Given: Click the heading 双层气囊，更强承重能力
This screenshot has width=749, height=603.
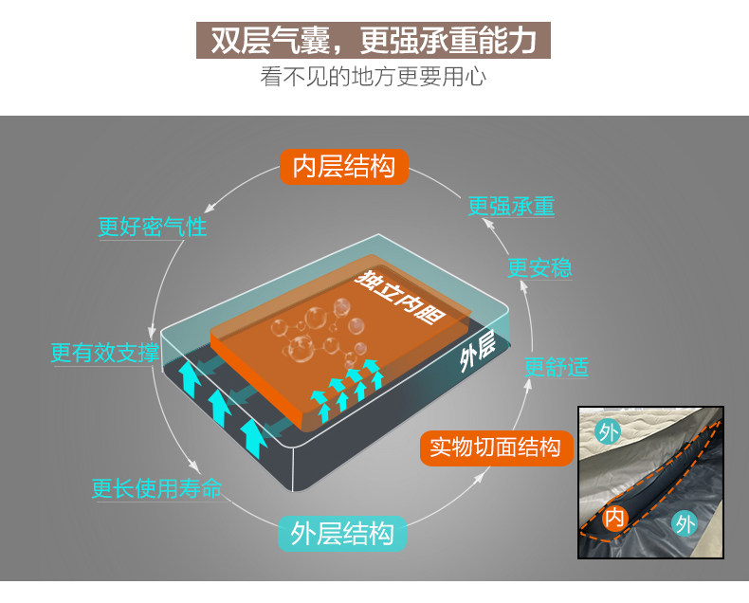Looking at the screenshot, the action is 374,39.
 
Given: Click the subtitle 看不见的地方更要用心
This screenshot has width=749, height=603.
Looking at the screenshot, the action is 374,77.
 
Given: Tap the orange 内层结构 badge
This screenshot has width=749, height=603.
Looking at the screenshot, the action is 343,167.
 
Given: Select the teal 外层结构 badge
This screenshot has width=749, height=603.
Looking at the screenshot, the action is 342,533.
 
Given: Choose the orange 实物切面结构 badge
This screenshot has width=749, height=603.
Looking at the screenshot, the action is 495,447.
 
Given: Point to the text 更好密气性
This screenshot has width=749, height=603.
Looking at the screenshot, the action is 153,228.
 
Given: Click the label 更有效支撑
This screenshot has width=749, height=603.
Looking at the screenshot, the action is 104,353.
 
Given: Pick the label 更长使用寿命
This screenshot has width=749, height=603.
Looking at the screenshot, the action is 157,488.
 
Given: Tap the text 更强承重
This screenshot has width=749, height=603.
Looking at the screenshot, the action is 511,206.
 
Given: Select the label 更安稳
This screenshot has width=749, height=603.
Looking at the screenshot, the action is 539,268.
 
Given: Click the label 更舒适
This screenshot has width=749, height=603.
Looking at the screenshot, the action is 557,367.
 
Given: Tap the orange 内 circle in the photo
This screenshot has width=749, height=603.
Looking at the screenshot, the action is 616,519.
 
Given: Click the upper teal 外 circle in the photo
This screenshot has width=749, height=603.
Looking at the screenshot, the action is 608,432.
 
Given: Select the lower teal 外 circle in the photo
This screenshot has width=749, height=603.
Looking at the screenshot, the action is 684,522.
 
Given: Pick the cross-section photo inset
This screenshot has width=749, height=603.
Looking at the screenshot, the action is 650,482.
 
